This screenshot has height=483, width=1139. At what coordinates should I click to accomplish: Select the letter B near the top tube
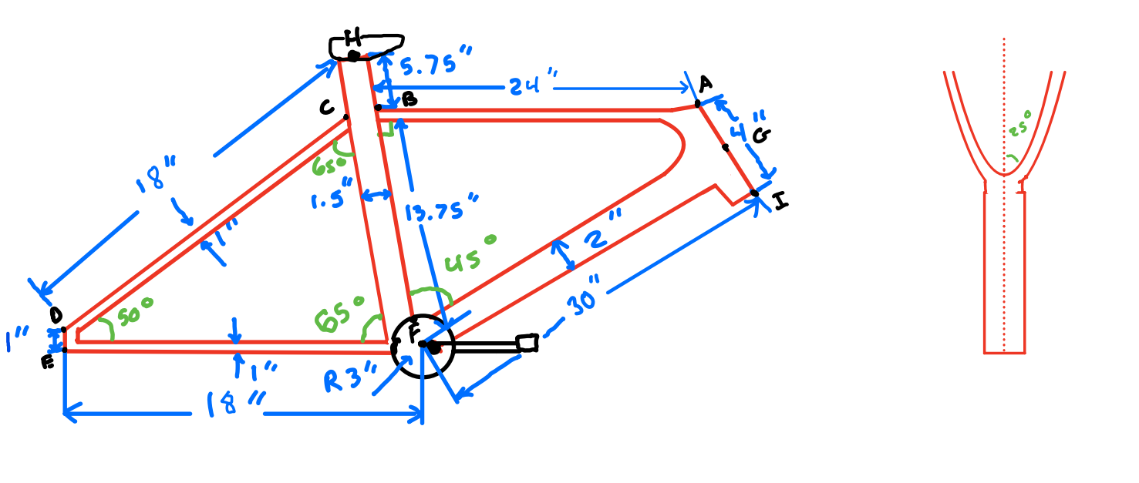tap(409, 99)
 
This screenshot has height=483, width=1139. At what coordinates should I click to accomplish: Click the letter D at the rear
tap(56, 315)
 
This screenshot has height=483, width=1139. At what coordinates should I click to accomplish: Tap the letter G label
tap(760, 137)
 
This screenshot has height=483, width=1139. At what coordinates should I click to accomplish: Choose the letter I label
tap(780, 202)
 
